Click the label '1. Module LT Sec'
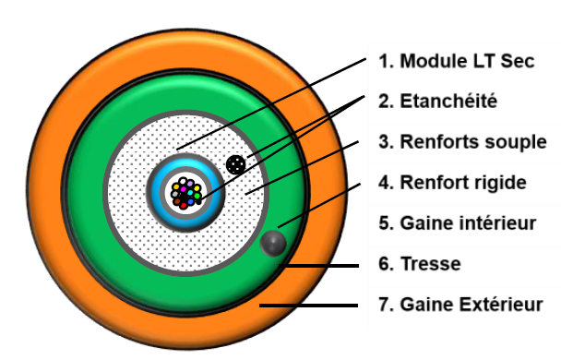coord(451,63)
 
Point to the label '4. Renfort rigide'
coord(452,182)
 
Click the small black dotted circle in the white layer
coord(236,164)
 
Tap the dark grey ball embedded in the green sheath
coord(273,244)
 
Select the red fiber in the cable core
coord(184,205)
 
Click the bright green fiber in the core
coord(197,196)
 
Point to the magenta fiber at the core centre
coord(184,189)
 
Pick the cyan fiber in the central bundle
coord(190,192)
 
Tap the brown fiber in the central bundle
coord(177,201)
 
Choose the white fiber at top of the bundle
coord(183,181)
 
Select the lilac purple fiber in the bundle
coord(190,184)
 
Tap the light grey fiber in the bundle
coord(174,194)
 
